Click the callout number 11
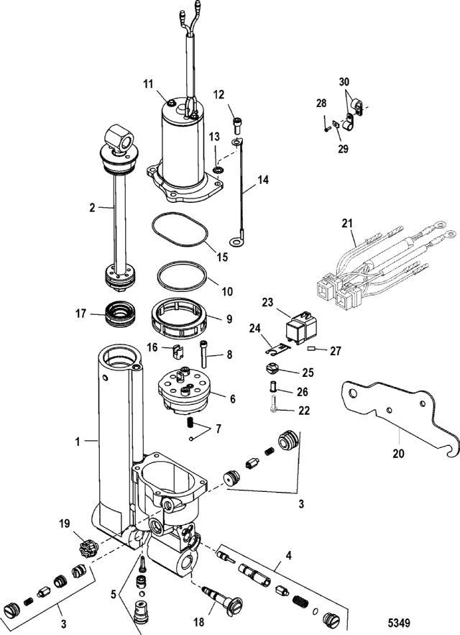[x=148, y=84]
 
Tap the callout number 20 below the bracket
[x=398, y=453]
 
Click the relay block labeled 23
[x=301, y=326]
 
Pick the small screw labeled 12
[x=237, y=124]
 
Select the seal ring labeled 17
[x=120, y=314]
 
